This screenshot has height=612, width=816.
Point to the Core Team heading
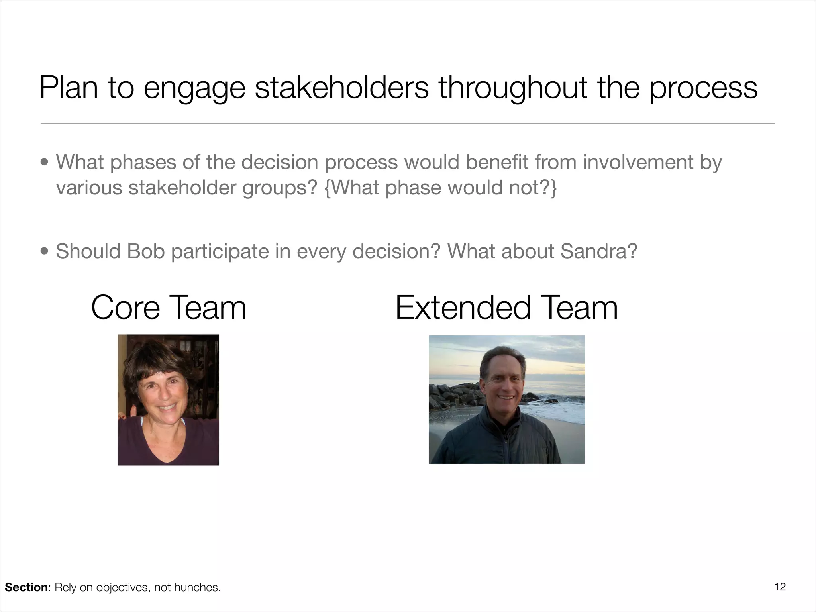pyautogui.click(x=169, y=308)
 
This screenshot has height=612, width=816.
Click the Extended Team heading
pyautogui.click(x=506, y=308)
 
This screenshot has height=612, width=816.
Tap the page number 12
pyautogui.click(x=780, y=587)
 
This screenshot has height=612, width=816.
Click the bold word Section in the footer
pyautogui.click(x=26, y=587)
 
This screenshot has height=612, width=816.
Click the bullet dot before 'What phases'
pyautogui.click(x=45, y=163)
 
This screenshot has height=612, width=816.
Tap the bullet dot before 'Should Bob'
pyautogui.click(x=45, y=252)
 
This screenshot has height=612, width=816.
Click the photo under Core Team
pyautogui.click(x=169, y=400)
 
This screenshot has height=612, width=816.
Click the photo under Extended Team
pyautogui.click(x=506, y=400)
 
